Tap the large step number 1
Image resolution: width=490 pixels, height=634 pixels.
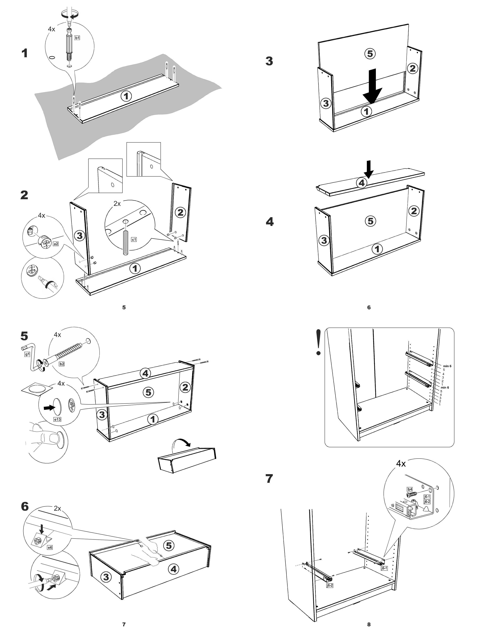[25, 53]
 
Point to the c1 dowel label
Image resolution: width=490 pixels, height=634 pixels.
[134, 240]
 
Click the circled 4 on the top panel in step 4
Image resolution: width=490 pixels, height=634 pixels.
[361, 183]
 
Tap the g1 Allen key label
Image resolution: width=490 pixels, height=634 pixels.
[27, 354]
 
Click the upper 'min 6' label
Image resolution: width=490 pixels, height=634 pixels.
[447, 366]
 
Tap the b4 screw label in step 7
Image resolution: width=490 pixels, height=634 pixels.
[410, 489]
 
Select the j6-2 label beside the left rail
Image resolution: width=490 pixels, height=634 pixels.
[330, 586]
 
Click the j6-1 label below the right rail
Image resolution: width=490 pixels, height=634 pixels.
[384, 568]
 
